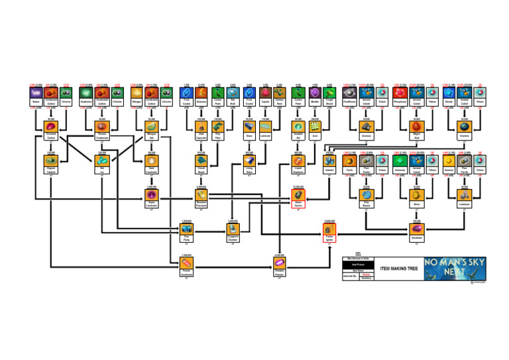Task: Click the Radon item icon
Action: (35, 95)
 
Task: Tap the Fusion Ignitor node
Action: (329, 229)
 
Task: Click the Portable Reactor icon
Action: (279, 263)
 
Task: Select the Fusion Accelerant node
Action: (186, 263)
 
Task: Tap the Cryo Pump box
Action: (186, 229)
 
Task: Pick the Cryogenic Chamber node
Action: (233, 229)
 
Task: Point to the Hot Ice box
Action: (102, 161)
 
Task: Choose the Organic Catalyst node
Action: (51, 161)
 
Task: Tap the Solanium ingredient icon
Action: (85, 95)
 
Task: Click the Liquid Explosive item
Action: (298, 161)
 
